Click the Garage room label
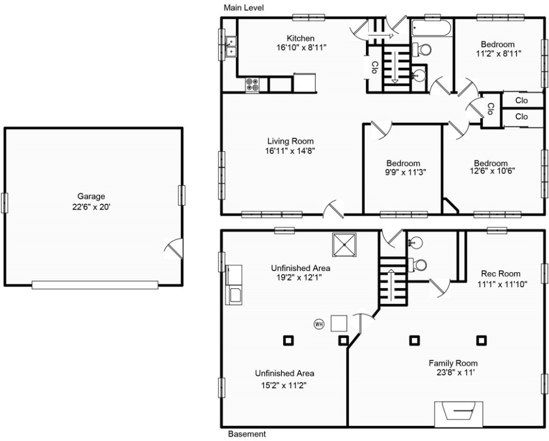click(x=91, y=196)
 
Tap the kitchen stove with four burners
click(x=253, y=85)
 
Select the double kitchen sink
click(x=231, y=47)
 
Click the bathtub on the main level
click(x=431, y=28)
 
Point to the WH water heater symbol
click(x=319, y=324)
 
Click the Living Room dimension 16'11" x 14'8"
click(x=291, y=151)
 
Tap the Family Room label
click(x=453, y=363)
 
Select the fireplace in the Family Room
click(x=459, y=413)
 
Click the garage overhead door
click(x=95, y=285)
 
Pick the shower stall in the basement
click(x=344, y=245)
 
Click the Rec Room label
click(x=501, y=274)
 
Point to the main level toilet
click(x=422, y=49)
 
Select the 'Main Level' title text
click(x=243, y=7)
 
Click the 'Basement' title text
click(x=247, y=434)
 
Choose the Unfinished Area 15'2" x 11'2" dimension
click(x=284, y=386)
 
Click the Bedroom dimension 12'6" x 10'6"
click(x=492, y=171)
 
